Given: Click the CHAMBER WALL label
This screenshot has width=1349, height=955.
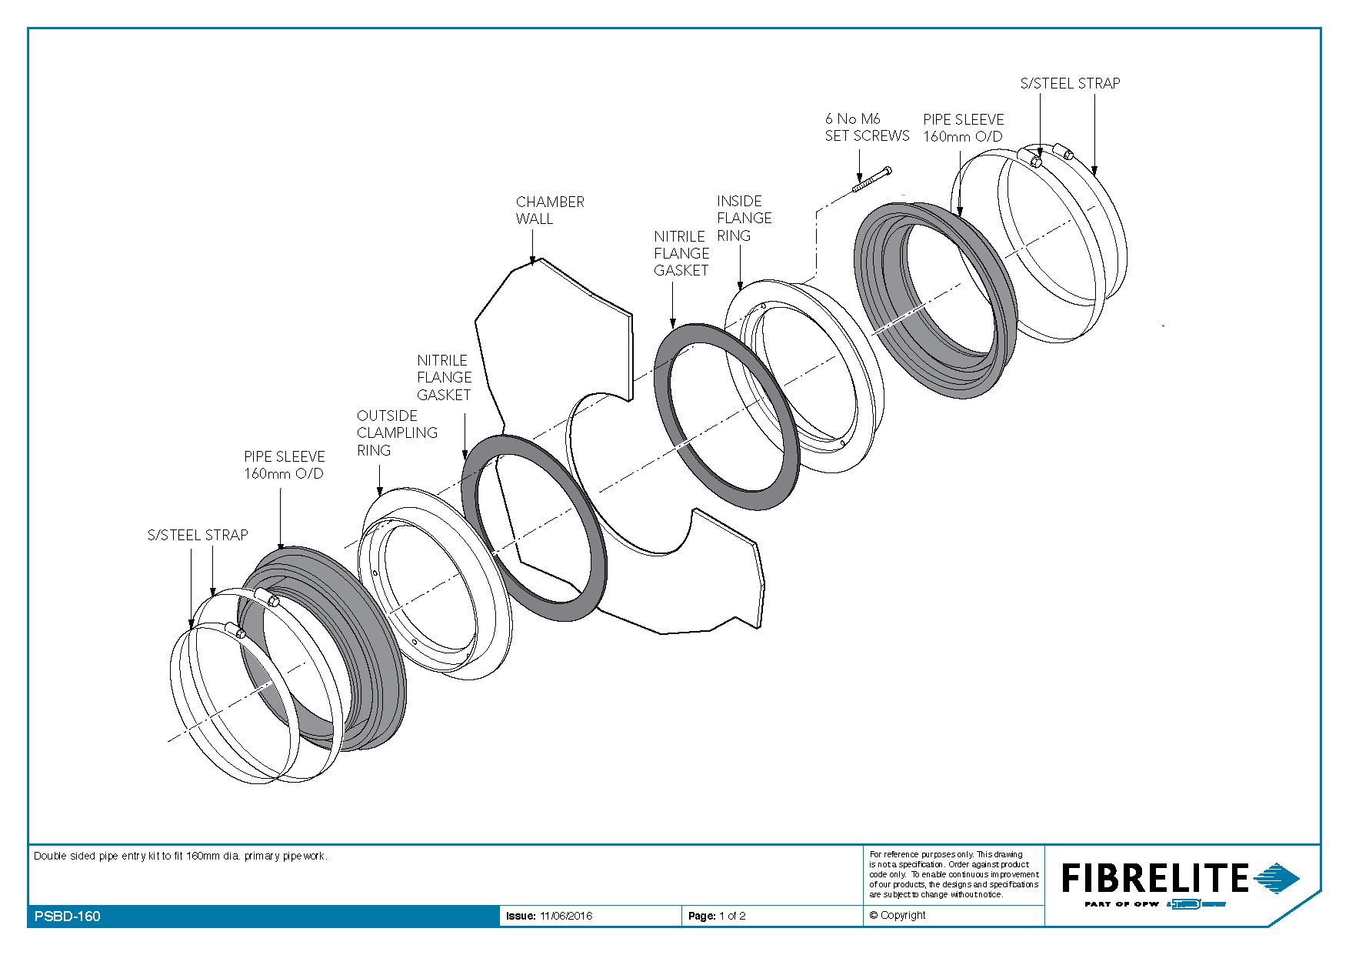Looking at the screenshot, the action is (x=550, y=210).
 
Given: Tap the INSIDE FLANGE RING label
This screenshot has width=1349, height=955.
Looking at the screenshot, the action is (x=744, y=218).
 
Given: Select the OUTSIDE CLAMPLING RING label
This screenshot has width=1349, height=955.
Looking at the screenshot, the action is (x=397, y=432).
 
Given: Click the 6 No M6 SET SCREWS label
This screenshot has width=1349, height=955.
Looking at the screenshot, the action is (x=867, y=127).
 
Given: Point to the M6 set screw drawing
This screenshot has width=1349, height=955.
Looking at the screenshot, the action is (x=871, y=179).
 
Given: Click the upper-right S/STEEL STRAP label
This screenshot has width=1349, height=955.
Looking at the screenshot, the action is (x=1070, y=83).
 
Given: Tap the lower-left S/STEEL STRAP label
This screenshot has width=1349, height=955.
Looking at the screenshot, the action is (x=198, y=535).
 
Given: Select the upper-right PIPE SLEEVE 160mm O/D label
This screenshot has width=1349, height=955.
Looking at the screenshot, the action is (x=964, y=128).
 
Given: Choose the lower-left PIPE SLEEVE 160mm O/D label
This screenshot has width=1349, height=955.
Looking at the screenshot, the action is (x=284, y=465).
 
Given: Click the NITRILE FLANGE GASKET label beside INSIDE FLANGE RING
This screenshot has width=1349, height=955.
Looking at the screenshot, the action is (x=681, y=253).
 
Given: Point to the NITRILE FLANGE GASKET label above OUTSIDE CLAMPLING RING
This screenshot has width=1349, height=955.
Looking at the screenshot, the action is (x=444, y=377).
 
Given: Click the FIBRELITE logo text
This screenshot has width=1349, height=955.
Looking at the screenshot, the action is (x=1155, y=878).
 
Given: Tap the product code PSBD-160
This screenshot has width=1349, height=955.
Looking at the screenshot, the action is (x=68, y=916).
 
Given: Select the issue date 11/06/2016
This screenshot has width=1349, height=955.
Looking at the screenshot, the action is (x=566, y=916).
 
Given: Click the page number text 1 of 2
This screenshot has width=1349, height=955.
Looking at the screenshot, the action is (x=732, y=916).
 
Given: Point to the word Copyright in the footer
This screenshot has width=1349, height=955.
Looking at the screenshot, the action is (x=903, y=915).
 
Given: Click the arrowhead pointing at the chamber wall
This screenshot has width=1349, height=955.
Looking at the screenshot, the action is (x=533, y=261).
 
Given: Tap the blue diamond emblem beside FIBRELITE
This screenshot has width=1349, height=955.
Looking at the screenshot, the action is (x=1277, y=878).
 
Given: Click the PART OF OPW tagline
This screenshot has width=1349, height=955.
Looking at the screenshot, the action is (x=1121, y=904).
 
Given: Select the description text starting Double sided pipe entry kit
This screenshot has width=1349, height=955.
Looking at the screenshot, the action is (x=181, y=856).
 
